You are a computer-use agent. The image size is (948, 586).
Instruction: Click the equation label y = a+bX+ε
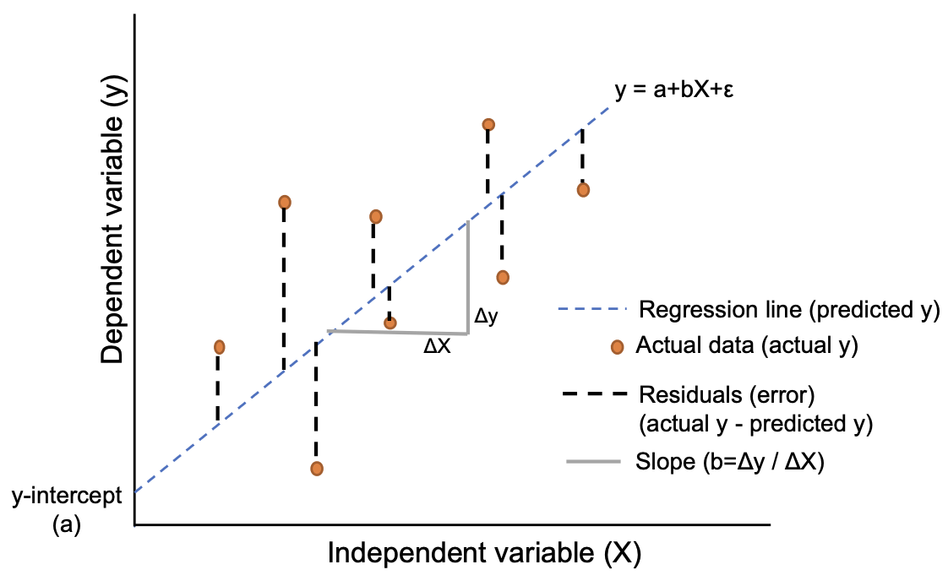point(673,90)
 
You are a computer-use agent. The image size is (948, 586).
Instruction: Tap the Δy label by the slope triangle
point(487,317)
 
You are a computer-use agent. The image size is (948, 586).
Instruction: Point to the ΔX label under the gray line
point(437,345)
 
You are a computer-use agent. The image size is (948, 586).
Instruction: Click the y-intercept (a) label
point(65,510)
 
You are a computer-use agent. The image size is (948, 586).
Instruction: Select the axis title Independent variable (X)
point(484,553)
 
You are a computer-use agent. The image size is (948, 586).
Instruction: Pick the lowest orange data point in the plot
point(317,468)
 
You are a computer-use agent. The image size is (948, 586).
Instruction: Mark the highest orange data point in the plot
point(488,125)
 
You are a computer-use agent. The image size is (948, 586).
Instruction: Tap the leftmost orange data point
point(220,347)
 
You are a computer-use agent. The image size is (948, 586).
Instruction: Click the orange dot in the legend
point(617,346)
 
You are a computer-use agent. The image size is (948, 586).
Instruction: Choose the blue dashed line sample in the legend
point(591,309)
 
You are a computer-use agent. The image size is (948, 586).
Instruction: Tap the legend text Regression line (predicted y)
point(789,309)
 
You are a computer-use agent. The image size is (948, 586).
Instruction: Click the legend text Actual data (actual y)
point(747,345)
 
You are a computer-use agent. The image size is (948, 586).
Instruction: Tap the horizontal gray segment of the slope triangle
point(398,332)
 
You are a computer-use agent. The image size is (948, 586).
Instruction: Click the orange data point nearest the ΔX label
point(390,322)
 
